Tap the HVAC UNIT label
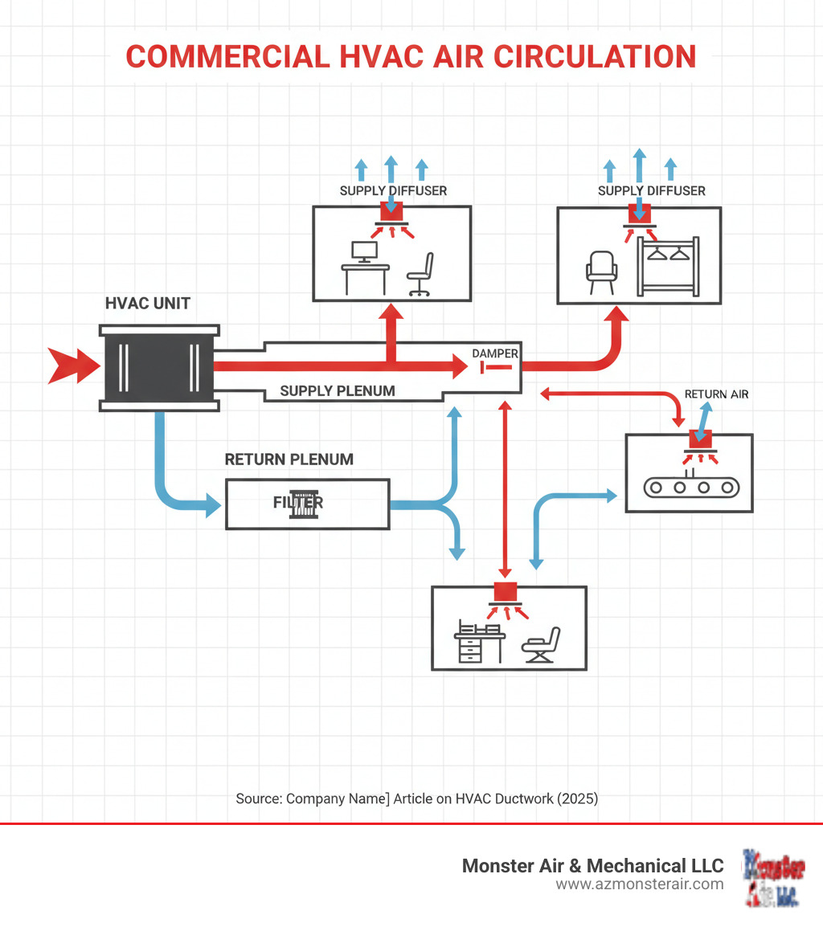click(x=148, y=304)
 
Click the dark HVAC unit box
click(x=158, y=367)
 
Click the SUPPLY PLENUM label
click(x=338, y=391)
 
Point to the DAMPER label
click(x=495, y=353)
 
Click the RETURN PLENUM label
click(x=289, y=459)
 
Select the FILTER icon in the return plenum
click(x=298, y=504)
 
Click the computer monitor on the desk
click(x=365, y=251)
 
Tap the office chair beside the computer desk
click(x=420, y=274)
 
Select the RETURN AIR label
click(x=716, y=394)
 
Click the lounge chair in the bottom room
click(x=541, y=643)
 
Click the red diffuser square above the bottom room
click(x=506, y=591)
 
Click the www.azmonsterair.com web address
click(x=640, y=884)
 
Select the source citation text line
click(x=416, y=798)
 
